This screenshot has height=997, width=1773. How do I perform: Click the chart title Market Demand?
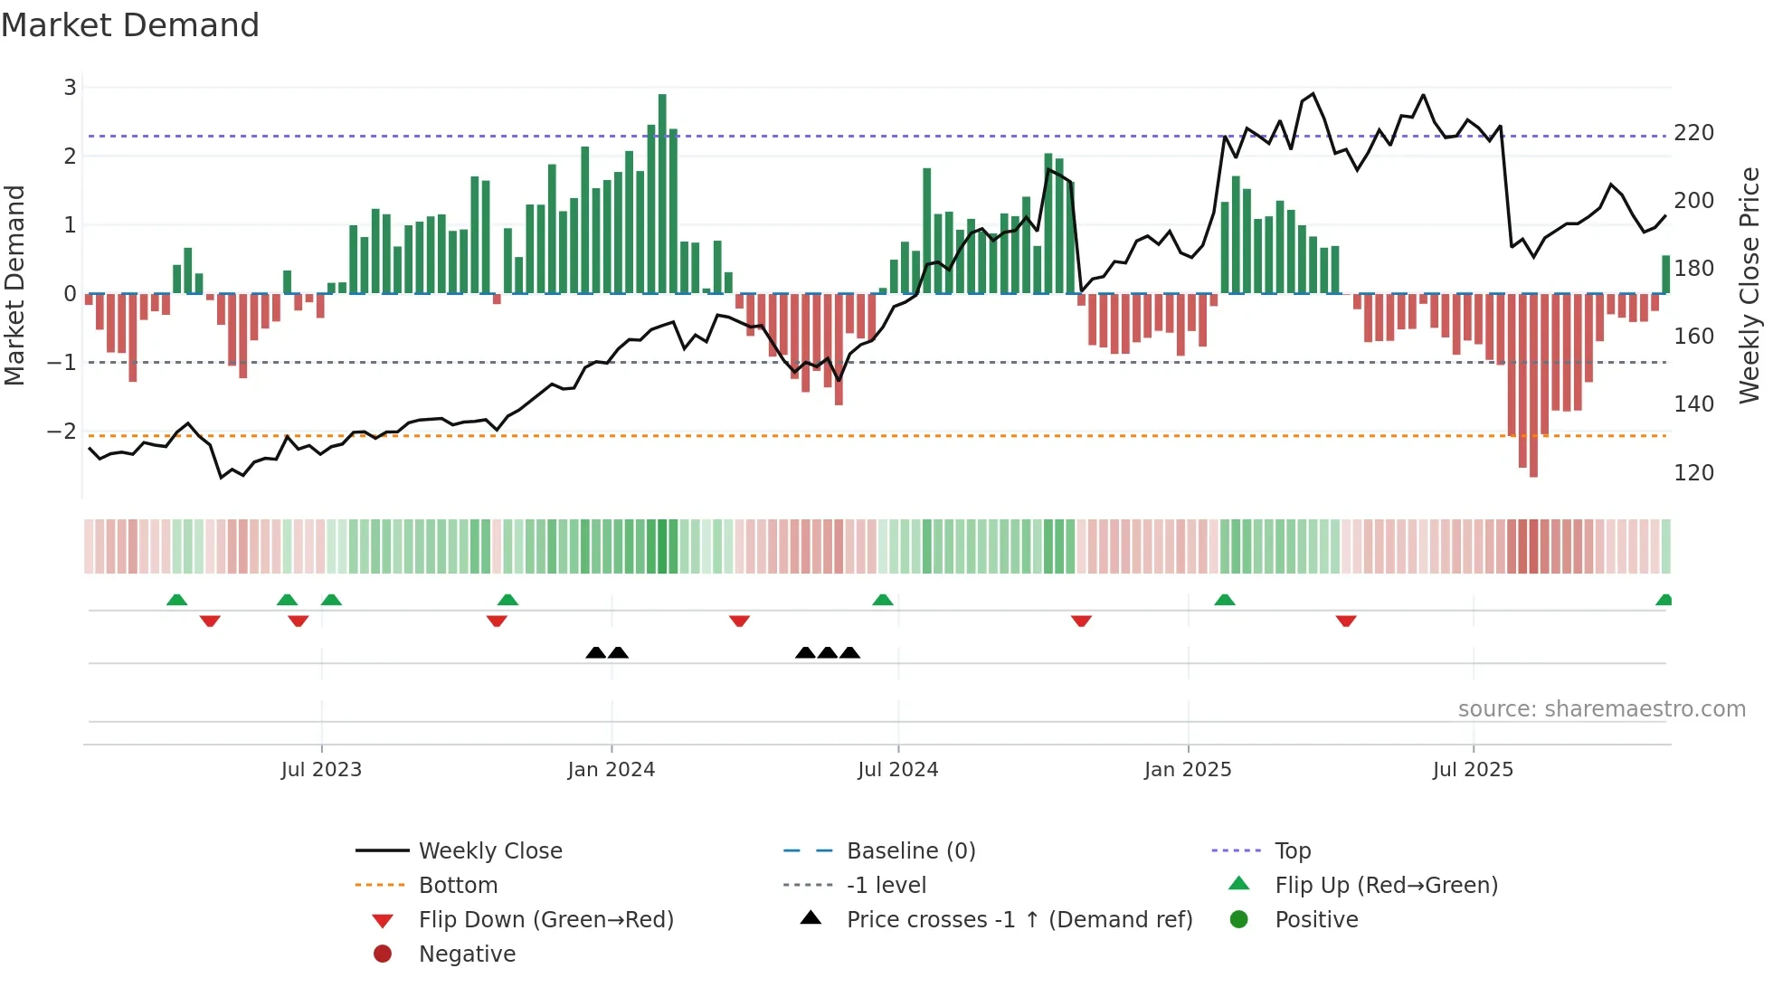130,25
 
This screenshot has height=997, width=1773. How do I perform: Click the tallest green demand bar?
662,194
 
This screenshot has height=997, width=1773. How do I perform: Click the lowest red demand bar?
1533,385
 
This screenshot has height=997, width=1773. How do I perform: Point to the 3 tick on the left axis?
70,88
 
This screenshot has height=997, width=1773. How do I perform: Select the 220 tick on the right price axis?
1693,133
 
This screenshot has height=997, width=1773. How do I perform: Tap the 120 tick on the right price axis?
1693,473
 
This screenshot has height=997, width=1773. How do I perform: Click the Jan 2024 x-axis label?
611,770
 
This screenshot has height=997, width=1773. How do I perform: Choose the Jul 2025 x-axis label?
1472,770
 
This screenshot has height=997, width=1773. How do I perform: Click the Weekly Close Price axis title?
1749,285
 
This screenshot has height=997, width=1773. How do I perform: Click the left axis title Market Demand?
14,285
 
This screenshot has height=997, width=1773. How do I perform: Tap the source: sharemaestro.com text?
1601,709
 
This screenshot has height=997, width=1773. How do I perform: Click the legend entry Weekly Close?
489,851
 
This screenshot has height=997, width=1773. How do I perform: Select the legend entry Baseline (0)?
910,851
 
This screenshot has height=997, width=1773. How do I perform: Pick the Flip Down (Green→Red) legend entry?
545,920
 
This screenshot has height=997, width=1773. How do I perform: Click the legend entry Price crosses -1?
1019,920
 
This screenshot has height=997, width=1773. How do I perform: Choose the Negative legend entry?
467,954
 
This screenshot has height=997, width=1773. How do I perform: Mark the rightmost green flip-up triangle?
1664,601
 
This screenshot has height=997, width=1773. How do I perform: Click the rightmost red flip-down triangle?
1345,621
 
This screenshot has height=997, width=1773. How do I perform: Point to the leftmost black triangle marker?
595,652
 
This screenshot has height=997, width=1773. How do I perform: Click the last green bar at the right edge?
1665,274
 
